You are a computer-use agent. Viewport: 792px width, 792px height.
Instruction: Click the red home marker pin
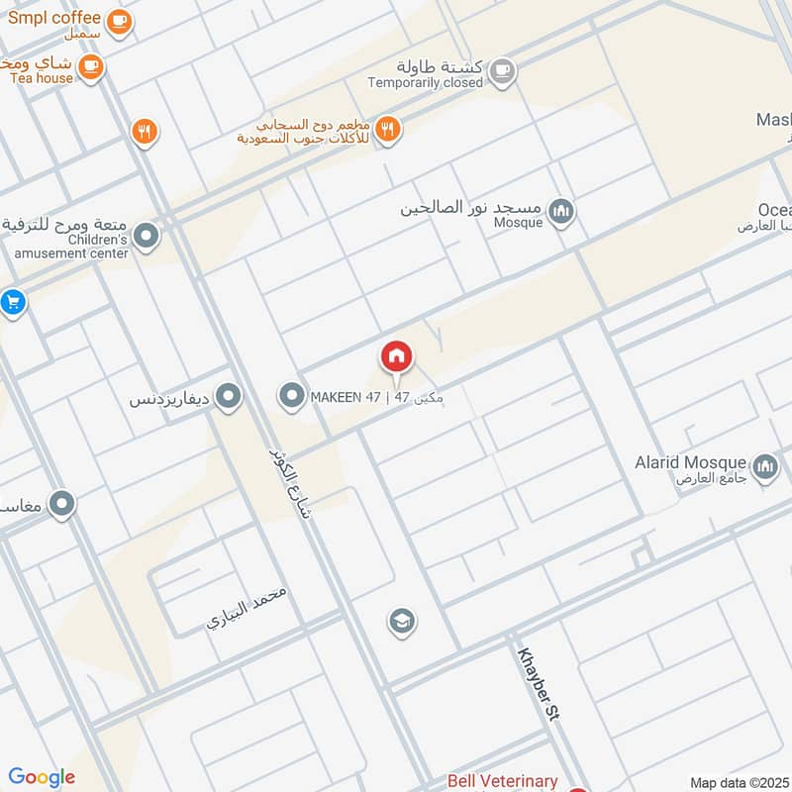coord(397,357)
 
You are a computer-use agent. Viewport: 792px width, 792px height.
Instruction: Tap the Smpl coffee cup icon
coord(119,21)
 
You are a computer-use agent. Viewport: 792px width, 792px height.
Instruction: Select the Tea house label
coord(42,78)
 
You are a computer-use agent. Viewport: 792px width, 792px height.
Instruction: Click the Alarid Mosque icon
coord(764,466)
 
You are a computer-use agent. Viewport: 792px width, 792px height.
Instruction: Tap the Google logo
coord(42,777)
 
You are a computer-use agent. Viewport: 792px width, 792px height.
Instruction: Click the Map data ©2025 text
coord(740,782)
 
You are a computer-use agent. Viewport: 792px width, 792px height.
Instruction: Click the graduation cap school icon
coord(401,621)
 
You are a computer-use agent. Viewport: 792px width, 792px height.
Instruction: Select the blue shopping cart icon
coord(12,302)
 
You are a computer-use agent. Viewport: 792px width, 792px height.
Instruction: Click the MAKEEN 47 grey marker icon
coord(291,397)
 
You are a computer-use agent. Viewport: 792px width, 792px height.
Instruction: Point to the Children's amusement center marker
coord(147,237)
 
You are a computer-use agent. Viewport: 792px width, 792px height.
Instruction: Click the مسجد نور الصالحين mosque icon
coord(561,211)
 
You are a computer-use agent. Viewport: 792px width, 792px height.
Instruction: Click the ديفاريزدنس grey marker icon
coord(230,398)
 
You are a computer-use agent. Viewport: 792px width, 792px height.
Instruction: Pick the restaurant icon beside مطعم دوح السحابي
coord(388,128)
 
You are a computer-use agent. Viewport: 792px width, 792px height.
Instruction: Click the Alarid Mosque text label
coord(691,462)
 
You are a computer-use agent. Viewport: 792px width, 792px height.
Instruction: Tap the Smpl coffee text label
coord(54,18)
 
